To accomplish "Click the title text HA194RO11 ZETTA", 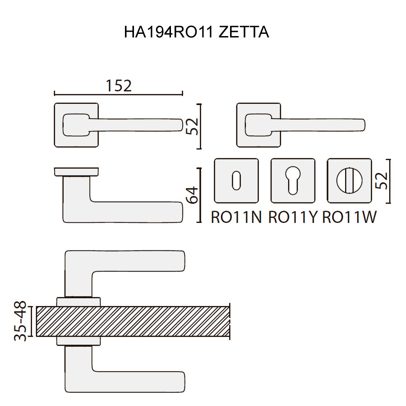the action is pos(197,32).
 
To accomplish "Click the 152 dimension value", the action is pos(119,86).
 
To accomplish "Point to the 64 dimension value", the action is pos(192,195).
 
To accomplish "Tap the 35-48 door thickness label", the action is pos(20,321).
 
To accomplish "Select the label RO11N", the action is pos(236,217).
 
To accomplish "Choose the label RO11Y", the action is pos(293,217).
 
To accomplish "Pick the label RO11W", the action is pos(349,217).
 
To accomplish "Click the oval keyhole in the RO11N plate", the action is pos(236,180).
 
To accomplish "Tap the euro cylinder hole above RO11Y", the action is pos(293,180).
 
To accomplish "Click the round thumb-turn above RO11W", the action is pos(349,180).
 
